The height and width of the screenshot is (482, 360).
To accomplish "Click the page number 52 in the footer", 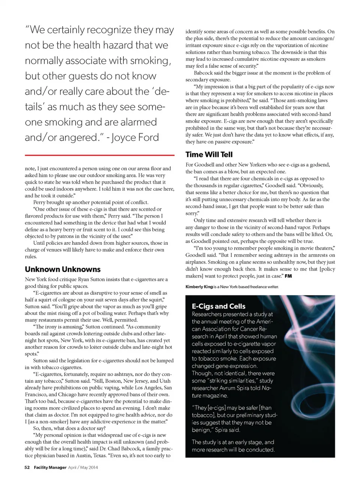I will pyautogui.click(x=27, y=467).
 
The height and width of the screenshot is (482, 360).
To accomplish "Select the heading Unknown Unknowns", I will pyautogui.click(x=63, y=269).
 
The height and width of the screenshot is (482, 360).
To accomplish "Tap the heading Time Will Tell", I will pyautogui.click(x=209, y=154).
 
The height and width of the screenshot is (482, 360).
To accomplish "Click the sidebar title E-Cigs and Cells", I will pyautogui.click(x=219, y=306).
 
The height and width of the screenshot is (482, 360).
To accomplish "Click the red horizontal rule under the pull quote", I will pyautogui.click(x=99, y=155).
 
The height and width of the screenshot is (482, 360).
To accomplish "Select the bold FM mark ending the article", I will pyautogui.click(x=288, y=276).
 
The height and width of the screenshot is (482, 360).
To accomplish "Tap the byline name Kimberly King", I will pyautogui.click(x=199, y=287).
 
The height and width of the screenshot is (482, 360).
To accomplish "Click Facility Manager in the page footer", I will pyautogui.click(x=50, y=467).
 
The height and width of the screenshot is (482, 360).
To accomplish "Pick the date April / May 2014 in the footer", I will pyautogui.click(x=83, y=467).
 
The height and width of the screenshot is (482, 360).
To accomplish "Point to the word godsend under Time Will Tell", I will pyautogui.click(x=318, y=165).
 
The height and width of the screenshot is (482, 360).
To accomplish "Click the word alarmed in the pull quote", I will pyautogui.click(x=137, y=122).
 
